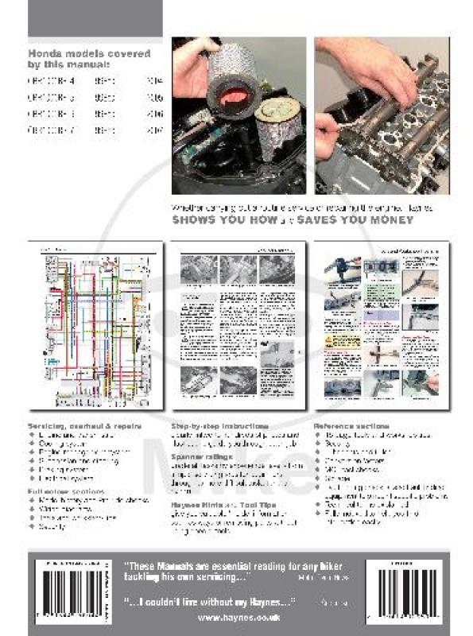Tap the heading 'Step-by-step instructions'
pos(219,427)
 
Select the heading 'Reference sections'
pos(351,427)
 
